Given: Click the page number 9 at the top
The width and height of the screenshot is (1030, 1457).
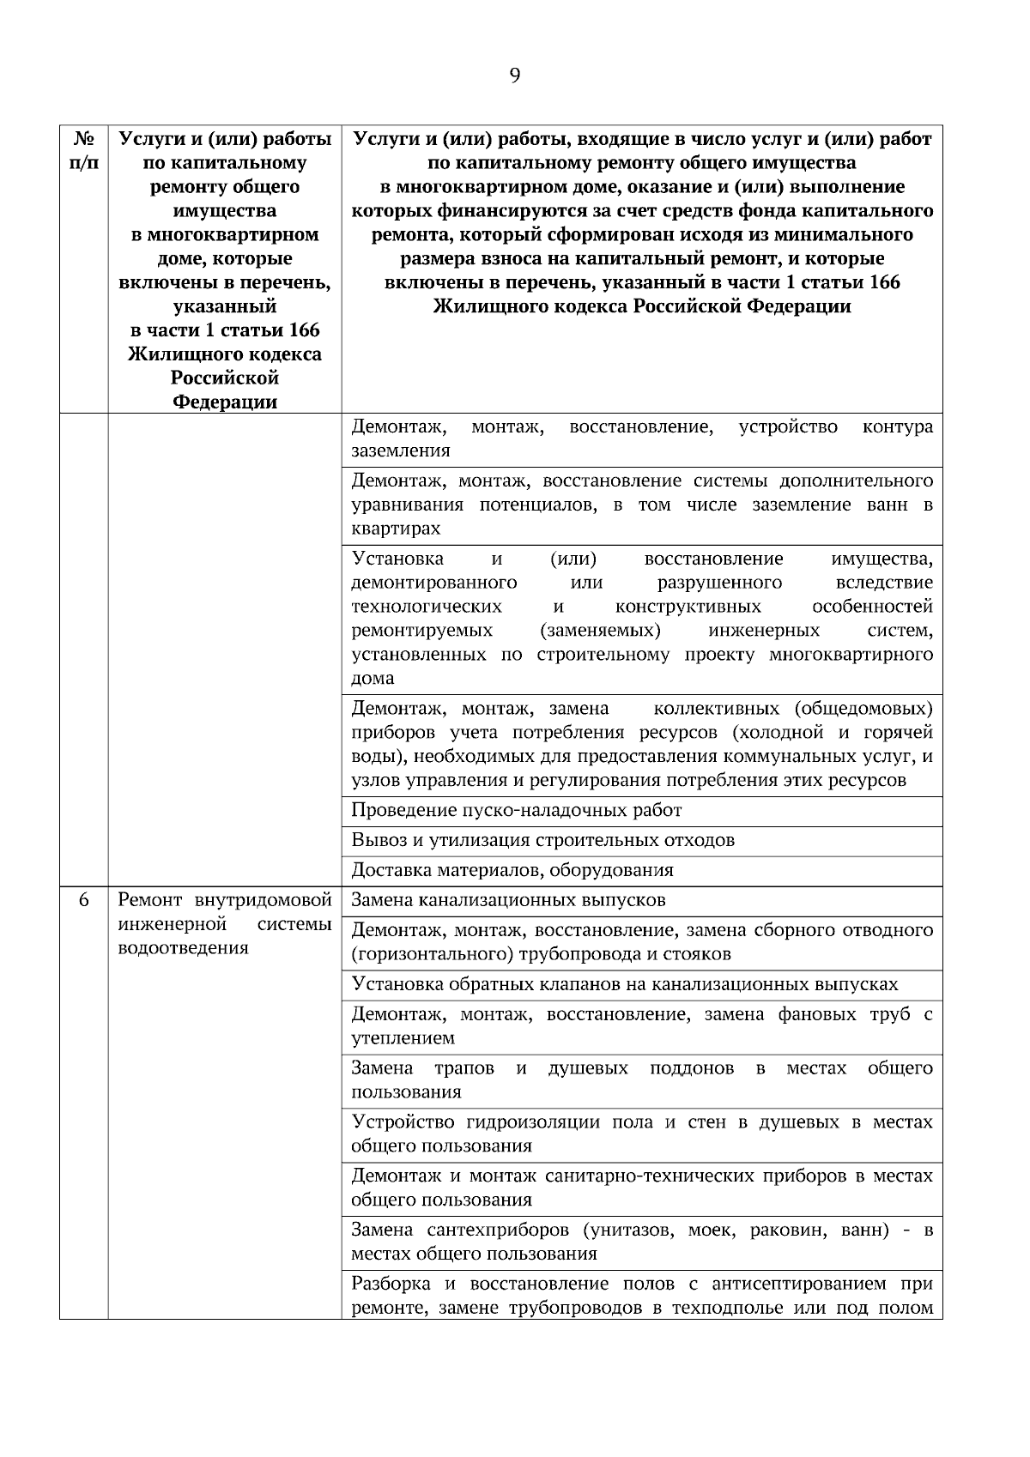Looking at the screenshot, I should (x=514, y=76).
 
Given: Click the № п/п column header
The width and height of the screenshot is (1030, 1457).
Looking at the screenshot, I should (x=83, y=150).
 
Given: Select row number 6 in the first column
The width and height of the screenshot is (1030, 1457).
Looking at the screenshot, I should (x=83, y=900).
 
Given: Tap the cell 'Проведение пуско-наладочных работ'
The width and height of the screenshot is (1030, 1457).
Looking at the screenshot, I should (x=517, y=811).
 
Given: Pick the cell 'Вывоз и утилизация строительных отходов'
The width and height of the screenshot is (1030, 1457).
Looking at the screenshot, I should (x=542, y=840).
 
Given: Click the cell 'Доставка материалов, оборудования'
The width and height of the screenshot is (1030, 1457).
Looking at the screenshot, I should (x=512, y=870).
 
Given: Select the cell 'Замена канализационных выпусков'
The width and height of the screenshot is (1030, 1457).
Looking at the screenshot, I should (x=508, y=900).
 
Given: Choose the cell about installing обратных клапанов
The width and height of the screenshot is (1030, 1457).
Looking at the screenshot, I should (x=624, y=984).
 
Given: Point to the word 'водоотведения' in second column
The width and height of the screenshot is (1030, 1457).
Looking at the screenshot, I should (x=183, y=948).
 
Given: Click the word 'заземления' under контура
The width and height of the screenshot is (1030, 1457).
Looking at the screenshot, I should (x=400, y=450).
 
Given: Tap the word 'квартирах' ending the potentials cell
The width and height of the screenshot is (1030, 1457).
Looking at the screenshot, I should (x=396, y=529).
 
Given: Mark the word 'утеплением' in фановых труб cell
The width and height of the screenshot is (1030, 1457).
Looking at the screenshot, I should (x=403, y=1038).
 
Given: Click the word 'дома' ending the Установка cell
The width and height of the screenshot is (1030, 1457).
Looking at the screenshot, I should (x=373, y=678).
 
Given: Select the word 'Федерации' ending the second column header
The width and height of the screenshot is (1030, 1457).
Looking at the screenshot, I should (x=225, y=402).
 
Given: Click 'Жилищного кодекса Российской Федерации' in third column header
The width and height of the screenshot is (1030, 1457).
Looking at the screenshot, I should (x=642, y=306).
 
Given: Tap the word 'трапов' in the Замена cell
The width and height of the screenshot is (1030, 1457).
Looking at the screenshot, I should (x=464, y=1068).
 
